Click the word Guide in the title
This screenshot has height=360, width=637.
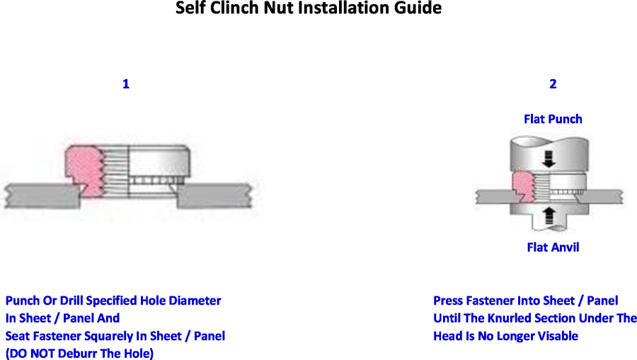(420, 8)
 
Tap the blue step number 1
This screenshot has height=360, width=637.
(126, 84)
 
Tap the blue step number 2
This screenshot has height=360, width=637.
(553, 84)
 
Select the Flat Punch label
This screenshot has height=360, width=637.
(553, 119)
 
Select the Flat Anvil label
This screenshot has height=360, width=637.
(553, 247)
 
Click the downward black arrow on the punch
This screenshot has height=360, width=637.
(549, 159)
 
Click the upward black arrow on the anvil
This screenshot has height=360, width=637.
(549, 215)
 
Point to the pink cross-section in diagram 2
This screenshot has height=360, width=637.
(523, 186)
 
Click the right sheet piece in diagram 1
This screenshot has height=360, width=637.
(214, 196)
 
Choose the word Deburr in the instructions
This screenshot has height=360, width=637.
(76, 354)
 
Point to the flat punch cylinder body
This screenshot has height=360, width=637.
(549, 154)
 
